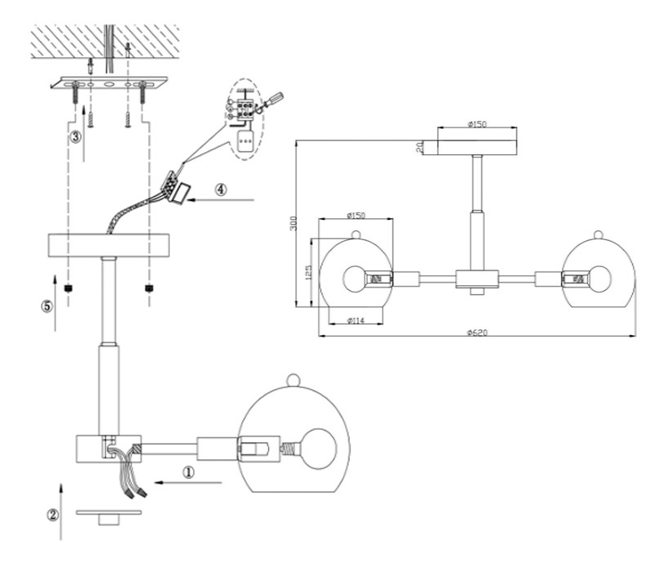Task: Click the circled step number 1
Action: [187, 471]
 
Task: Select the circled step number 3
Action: [75, 136]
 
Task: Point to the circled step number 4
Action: [221, 188]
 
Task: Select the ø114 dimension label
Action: [356, 320]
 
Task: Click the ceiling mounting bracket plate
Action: [109, 83]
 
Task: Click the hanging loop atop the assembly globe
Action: [294, 378]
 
